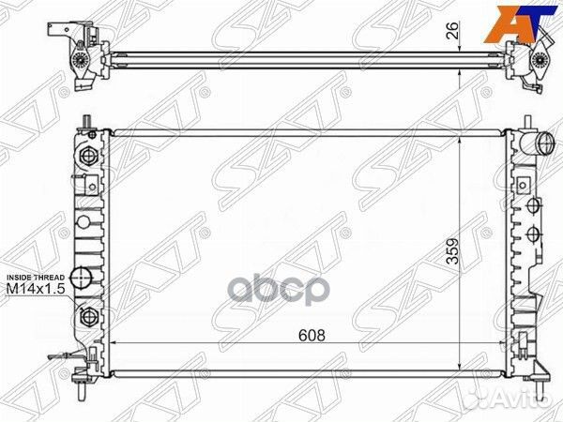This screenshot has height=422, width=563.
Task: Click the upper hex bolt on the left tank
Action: [x=90, y=156]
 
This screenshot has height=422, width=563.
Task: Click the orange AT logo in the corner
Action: [x=528, y=18]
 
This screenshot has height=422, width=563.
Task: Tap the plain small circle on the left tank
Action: [x=83, y=223]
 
